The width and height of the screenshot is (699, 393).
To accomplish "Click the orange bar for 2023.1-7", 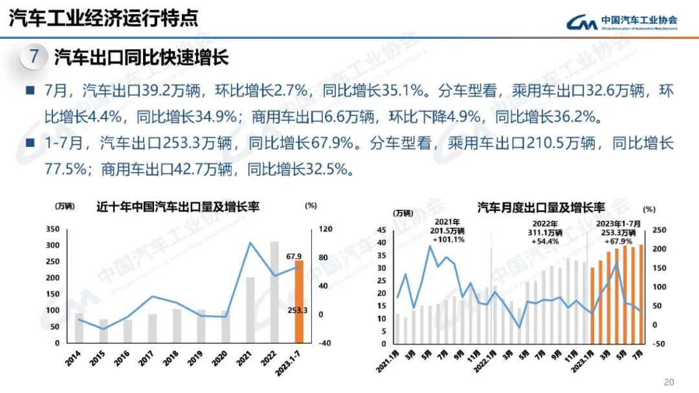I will pos(299,302).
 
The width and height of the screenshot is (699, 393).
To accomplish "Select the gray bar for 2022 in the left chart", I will pos(274,292).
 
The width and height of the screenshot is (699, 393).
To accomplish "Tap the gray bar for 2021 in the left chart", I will pos(250,310).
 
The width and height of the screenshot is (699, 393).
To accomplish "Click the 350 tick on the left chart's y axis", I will pos(53,229).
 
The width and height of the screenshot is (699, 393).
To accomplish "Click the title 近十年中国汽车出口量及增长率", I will pos(178,207).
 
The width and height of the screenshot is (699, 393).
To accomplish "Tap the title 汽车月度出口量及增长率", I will pos(541,208).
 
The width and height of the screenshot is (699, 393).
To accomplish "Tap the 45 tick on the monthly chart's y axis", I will pos(381,230).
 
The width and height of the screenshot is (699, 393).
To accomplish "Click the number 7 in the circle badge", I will pos(34,57).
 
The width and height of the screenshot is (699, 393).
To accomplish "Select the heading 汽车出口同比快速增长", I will pos(142,58).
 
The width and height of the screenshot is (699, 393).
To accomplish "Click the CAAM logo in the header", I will pos(622,22).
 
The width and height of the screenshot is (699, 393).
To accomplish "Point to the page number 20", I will pos(669,381).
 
